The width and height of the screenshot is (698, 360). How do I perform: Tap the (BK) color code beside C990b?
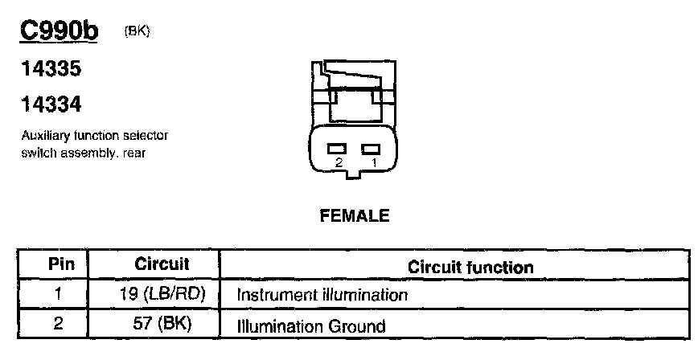[x=138, y=31]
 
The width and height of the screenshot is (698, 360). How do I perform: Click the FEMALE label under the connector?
[x=355, y=215]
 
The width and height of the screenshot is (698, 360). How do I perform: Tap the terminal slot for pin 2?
[x=336, y=148]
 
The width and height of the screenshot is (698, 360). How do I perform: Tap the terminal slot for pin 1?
[x=371, y=148]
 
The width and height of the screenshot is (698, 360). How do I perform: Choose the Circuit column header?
[x=161, y=264]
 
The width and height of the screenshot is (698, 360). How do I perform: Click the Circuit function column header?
[x=470, y=266]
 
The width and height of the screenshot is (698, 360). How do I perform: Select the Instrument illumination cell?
[x=322, y=295]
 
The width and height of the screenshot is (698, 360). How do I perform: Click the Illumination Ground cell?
[x=310, y=326]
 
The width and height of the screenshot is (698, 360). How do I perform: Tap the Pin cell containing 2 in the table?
[x=58, y=325]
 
